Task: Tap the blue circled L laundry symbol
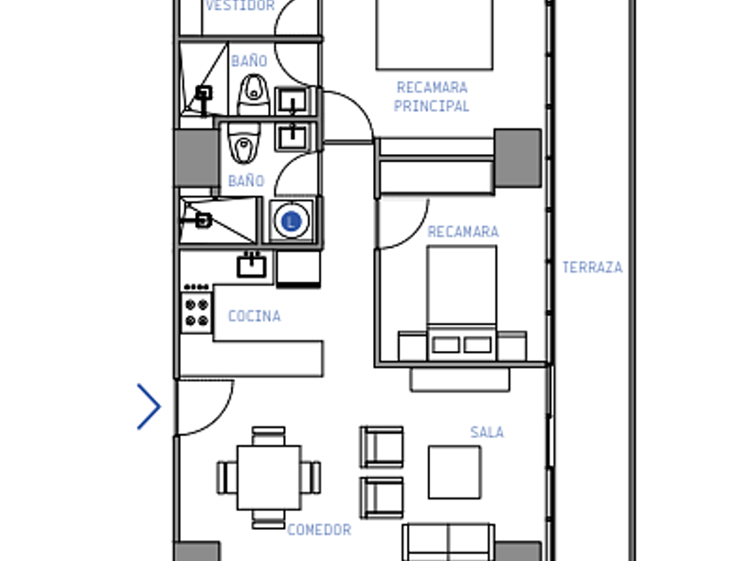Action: point(291,222)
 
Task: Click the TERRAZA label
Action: point(592,267)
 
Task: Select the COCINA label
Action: point(255,316)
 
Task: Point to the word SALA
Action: point(486,432)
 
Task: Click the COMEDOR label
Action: point(319,530)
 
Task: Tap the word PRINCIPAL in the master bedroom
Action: point(431,106)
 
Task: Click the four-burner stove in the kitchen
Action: point(197,313)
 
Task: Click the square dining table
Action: point(269,477)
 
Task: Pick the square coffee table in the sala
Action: point(455,472)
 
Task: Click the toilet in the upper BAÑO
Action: point(253,94)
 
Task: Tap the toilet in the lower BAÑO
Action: point(244,142)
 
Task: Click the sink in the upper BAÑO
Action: point(292,102)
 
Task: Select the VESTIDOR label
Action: point(240,5)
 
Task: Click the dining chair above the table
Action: point(269,436)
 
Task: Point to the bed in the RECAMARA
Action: point(462,304)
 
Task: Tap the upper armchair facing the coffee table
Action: point(382,446)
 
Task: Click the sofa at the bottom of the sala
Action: point(449,542)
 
